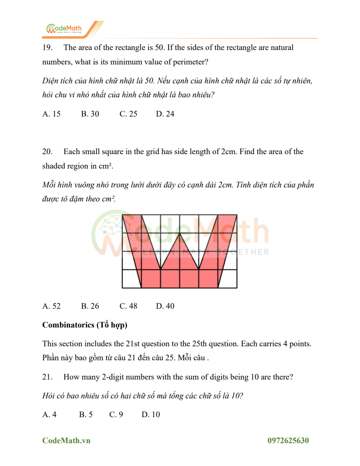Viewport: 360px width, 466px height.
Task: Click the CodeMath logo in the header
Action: click(64, 29)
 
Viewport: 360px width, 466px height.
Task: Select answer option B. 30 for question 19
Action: click(90, 114)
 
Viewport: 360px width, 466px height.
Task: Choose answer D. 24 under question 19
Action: click(165, 114)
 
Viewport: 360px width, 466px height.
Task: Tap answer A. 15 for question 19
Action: click(52, 114)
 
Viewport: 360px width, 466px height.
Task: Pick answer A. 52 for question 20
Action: click(52, 306)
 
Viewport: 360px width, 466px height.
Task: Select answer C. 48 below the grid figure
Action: click(128, 306)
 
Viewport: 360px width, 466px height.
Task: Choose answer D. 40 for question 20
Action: click(165, 306)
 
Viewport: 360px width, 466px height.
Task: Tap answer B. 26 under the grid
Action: click(90, 306)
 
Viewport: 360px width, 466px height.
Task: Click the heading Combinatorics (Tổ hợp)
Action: click(85, 325)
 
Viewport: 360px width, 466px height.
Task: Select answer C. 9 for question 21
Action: click(116, 414)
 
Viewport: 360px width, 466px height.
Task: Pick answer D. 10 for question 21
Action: click(151, 414)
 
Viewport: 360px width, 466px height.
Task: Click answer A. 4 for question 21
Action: click(50, 414)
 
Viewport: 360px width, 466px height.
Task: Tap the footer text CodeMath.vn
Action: click(66, 441)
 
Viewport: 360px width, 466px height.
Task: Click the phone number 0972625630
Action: click(288, 441)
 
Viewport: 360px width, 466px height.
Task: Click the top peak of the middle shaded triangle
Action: click(180, 233)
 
